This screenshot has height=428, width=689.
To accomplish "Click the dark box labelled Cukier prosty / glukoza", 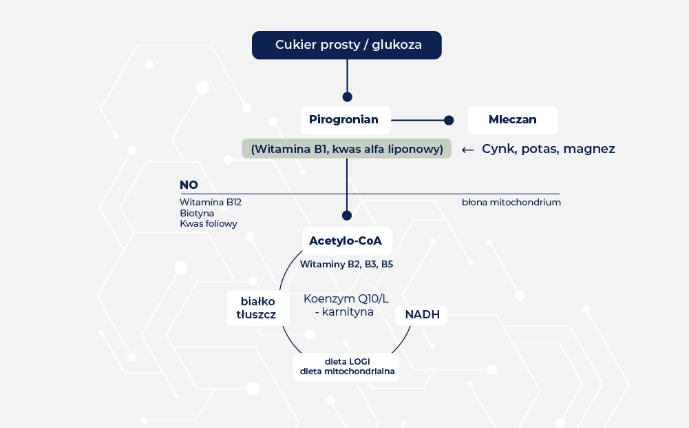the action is click(347, 45).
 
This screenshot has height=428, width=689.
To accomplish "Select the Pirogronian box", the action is click(346, 120).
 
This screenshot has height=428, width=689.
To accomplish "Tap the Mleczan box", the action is click(513, 120).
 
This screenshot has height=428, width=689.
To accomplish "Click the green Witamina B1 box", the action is click(347, 149).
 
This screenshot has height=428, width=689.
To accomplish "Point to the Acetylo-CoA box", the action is click(347, 241).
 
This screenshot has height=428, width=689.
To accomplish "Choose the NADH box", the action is click(421, 316).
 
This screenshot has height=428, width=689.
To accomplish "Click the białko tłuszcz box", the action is click(258, 308).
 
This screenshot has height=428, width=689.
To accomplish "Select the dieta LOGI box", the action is click(346, 367).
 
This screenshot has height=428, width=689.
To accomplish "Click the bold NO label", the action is click(189, 185).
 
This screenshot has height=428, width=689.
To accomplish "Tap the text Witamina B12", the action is click(211, 203).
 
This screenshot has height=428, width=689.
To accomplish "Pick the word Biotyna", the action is click(197, 214).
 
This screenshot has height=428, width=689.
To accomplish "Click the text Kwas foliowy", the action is click(209, 224).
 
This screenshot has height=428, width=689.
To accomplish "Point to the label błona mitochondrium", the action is click(511, 203).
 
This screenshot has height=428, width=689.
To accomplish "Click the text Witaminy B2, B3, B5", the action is click(346, 265).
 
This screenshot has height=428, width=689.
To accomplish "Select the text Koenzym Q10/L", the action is click(346, 299).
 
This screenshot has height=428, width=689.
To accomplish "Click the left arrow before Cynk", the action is click(467, 150).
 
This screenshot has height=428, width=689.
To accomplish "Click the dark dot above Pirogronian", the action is click(347, 96).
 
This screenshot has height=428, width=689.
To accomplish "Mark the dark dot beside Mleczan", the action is click(449, 120).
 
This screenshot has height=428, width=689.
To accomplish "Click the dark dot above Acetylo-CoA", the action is click(347, 216).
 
